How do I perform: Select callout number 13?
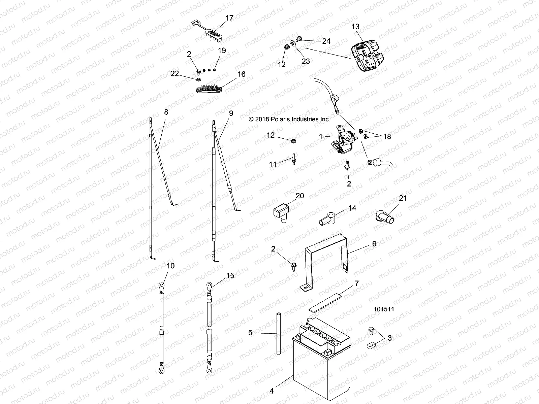[x=355, y=27]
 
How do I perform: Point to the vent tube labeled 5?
[x=279, y=333]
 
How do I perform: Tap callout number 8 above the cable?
[x=166, y=112]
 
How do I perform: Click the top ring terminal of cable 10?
[x=162, y=286]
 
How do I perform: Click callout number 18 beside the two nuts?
[x=387, y=137]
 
